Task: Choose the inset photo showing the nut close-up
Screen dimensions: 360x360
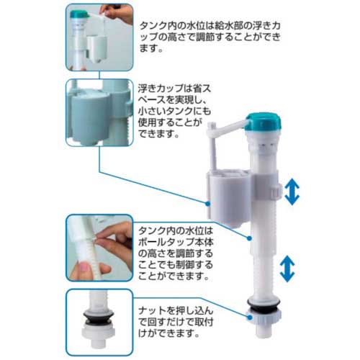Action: point(99,317)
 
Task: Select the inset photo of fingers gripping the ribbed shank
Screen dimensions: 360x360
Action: point(99,248)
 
